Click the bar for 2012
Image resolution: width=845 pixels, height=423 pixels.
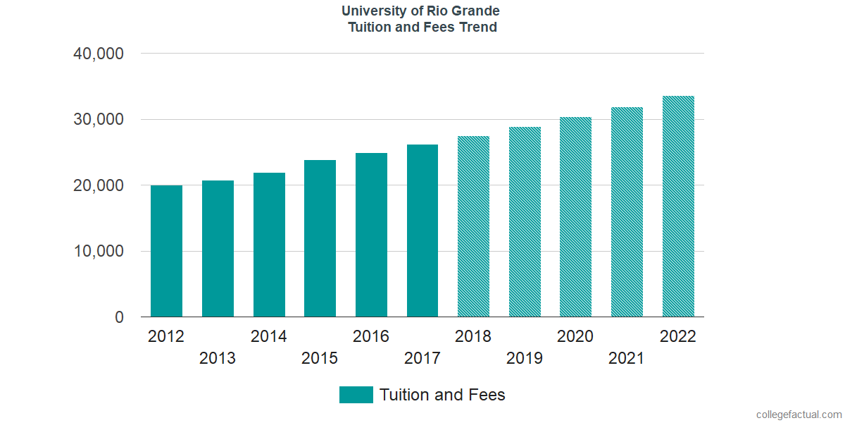tap(166, 251)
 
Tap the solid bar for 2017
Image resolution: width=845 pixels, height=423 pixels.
tap(423, 231)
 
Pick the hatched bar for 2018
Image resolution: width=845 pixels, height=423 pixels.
tap(473, 226)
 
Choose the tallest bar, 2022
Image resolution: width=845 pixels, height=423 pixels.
tap(678, 207)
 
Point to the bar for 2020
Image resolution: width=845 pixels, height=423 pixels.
tap(575, 217)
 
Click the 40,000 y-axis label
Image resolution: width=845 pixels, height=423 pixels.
tap(99, 54)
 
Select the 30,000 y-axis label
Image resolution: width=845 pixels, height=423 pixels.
tap(99, 120)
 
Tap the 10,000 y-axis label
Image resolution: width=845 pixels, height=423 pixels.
tap(99, 252)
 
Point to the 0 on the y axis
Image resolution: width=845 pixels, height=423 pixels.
tap(119, 317)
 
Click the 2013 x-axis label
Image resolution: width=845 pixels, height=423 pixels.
tap(218, 358)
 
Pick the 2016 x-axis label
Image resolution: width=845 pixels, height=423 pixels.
tap(371, 336)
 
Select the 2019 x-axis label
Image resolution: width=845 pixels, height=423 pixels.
tap(525, 358)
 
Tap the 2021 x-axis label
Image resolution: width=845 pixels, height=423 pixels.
tap(627, 358)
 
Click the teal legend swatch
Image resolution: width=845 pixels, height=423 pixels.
tap(356, 395)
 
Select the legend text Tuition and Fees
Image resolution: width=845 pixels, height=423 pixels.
tap(442, 395)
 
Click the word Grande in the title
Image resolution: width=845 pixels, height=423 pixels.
tap(475, 11)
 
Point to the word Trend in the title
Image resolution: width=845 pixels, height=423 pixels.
tap(479, 27)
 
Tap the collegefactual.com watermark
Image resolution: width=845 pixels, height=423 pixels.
tap(799, 415)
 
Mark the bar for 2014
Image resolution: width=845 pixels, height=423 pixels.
tap(269, 245)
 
